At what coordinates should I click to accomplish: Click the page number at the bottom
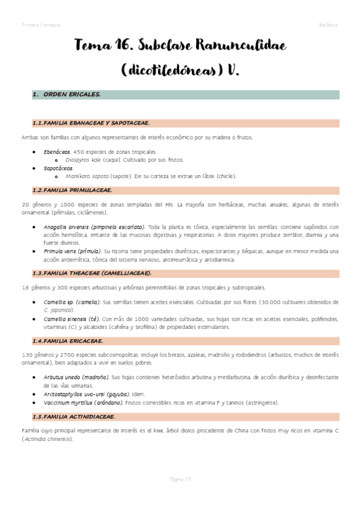click(180, 479)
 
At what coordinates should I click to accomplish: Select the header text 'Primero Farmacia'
click(40, 25)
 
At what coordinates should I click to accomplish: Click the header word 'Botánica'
click(328, 25)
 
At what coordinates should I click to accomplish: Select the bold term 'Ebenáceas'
click(56, 152)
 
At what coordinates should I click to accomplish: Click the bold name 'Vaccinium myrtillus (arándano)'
click(84, 402)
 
